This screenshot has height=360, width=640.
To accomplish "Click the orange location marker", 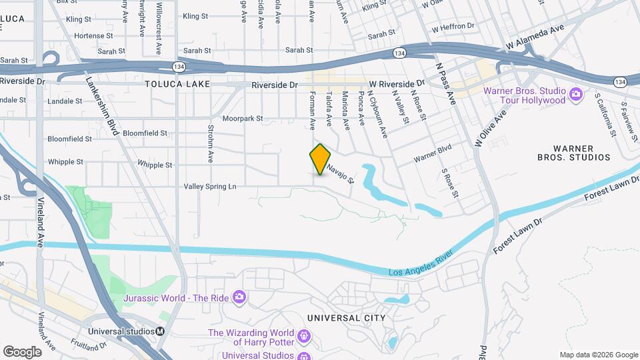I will pos(321,159).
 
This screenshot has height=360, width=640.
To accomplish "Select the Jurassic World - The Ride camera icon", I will pos(239,297).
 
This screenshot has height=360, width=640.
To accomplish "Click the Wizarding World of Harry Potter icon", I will pos(304,335).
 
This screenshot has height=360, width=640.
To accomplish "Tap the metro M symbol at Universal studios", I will pos(160,331).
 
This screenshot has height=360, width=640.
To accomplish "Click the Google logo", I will pos(21,351).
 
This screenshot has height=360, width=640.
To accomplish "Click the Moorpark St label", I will pos(243,119).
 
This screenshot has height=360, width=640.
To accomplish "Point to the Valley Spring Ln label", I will pos(210,187).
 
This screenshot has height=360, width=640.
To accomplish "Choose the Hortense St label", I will pos(90,36).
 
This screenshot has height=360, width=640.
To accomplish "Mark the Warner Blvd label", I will pos(433,154).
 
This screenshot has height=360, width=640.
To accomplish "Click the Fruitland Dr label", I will pos(89,347).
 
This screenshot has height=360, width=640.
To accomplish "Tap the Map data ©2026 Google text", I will pos(598,355).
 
